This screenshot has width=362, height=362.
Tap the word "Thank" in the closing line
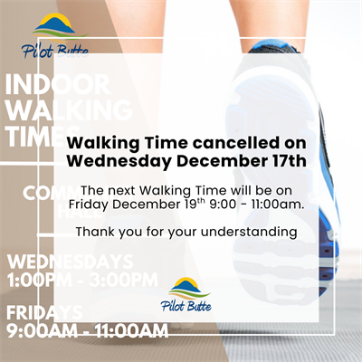(96, 232)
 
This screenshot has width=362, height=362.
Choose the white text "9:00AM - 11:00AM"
(87, 331)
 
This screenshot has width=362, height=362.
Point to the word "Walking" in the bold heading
(105, 143)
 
